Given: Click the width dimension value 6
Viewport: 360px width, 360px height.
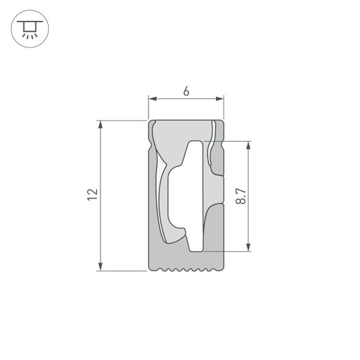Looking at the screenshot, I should click(186, 91).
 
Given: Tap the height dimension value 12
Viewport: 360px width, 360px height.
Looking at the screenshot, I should click(93, 195).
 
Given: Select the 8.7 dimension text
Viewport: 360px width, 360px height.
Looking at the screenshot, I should click(240, 195).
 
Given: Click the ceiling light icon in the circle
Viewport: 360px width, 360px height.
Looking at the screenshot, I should click(30, 29).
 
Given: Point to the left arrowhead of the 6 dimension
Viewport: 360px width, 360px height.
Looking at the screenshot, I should click(152, 99).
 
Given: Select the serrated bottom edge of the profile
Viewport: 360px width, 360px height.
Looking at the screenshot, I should click(186, 270).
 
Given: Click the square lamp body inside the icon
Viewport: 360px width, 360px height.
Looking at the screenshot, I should click(30, 27).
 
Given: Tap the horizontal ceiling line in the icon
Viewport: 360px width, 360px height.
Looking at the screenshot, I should click(30, 21).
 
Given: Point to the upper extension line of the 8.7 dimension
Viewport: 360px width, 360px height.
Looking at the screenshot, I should click(237, 141).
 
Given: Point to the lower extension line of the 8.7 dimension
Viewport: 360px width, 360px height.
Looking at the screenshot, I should click(237, 251).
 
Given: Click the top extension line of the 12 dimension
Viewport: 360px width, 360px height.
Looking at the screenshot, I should click(123, 120).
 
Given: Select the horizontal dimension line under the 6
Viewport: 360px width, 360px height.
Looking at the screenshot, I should click(186, 99).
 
